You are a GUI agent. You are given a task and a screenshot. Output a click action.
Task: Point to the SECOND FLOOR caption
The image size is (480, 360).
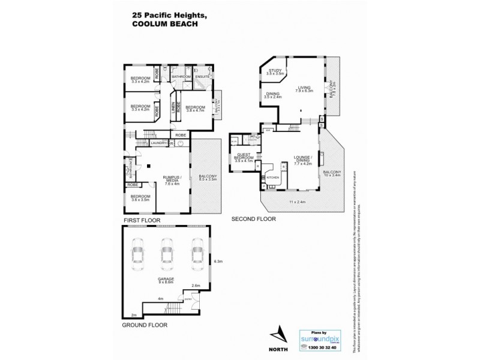(x=254, y=220)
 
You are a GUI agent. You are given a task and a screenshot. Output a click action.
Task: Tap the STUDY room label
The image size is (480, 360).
(x=275, y=71)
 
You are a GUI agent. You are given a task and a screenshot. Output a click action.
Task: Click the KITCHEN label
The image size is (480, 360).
(x=273, y=179)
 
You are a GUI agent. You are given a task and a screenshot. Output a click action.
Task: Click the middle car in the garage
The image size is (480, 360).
(x=165, y=253)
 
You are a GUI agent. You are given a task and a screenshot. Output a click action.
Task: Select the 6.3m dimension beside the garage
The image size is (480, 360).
(x=218, y=261)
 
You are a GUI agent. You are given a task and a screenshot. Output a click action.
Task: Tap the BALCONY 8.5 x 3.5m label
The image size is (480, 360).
(x=206, y=178)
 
